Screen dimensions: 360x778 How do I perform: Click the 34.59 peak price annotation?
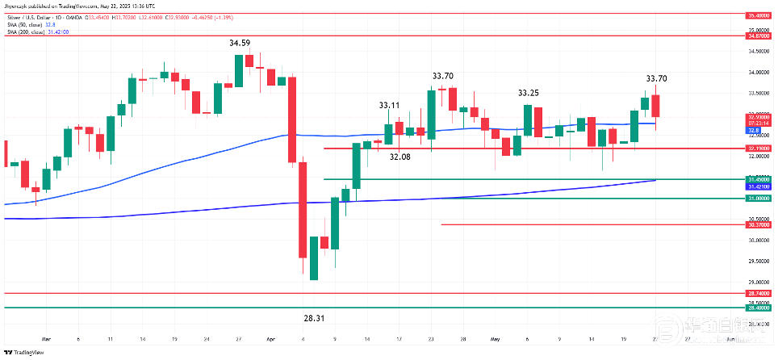tap(239, 43)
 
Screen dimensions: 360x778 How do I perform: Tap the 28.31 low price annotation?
tap(314, 319)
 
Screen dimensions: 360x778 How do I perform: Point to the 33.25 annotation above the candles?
tap(529, 93)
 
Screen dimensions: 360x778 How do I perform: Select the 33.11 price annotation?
tap(390, 106)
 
